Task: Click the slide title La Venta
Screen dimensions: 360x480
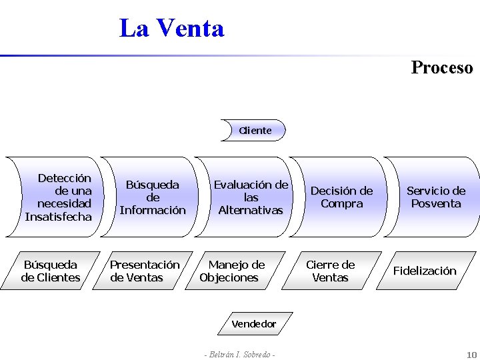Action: (x=171, y=29)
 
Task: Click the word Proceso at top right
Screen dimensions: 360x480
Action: (x=442, y=67)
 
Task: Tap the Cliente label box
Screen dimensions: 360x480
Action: (x=255, y=131)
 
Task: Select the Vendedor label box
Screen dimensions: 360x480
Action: (x=253, y=324)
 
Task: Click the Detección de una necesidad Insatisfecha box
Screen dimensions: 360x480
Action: (x=59, y=197)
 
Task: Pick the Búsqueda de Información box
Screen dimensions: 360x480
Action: (x=153, y=197)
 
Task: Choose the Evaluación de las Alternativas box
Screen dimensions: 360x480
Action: (x=251, y=197)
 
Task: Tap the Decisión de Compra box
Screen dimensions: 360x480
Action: (x=341, y=197)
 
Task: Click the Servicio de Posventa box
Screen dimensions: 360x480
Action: (x=436, y=197)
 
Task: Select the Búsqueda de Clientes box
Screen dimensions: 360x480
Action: (x=51, y=271)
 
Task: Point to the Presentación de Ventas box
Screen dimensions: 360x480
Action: (x=145, y=271)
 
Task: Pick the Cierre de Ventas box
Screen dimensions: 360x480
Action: (x=330, y=271)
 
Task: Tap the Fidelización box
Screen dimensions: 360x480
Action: (x=425, y=271)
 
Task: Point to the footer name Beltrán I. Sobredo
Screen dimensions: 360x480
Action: (x=239, y=355)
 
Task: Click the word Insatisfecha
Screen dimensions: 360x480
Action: (x=59, y=217)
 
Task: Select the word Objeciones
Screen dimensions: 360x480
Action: (x=229, y=277)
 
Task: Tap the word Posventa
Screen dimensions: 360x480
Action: (x=436, y=203)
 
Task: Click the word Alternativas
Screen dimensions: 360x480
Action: (x=251, y=210)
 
